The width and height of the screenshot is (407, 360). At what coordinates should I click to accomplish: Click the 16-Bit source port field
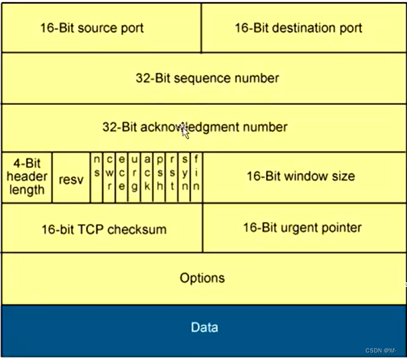(x=102, y=28)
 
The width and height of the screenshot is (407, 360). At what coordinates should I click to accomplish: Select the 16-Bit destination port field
(x=298, y=28)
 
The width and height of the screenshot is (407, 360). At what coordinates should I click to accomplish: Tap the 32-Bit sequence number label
(x=207, y=78)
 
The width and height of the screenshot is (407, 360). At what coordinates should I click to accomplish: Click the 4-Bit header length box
(x=26, y=177)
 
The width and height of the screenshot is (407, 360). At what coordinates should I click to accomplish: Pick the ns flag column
(x=97, y=177)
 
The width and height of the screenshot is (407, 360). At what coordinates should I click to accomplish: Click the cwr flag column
(x=109, y=177)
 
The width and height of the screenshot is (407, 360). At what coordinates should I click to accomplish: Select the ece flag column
(x=122, y=177)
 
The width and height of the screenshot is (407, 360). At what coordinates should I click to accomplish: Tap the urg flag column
(x=134, y=177)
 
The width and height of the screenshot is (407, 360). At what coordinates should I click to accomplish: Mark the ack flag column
(x=147, y=177)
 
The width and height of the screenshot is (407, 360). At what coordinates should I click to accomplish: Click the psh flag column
(x=160, y=177)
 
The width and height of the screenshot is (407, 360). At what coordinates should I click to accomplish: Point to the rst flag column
(x=172, y=177)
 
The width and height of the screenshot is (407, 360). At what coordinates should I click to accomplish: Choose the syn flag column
(x=184, y=177)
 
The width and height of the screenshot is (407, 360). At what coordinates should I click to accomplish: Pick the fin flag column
(x=196, y=177)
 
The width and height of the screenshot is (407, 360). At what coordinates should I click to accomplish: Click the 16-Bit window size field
(x=300, y=177)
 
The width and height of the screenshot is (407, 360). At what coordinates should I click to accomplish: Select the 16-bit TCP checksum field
(x=103, y=229)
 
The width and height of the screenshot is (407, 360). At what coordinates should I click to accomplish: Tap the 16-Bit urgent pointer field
(x=302, y=227)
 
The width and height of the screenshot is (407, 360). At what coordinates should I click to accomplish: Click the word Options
(x=202, y=278)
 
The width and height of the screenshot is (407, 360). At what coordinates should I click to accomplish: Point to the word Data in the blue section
(x=204, y=328)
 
